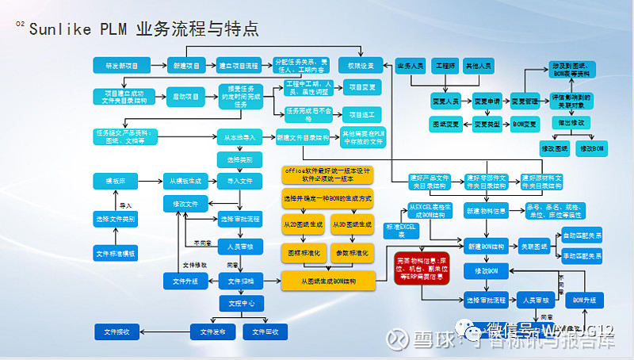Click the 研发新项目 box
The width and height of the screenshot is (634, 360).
pos(116,64)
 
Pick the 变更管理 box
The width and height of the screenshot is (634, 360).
pos(524,101)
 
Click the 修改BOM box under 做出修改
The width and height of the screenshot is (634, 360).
pos(592,148)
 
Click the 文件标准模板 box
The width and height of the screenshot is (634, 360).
pos(116,254)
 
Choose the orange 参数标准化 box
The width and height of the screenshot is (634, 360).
pos(352,252)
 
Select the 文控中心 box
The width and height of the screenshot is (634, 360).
pos(239,302)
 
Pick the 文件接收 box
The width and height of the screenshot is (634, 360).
pos(116,331)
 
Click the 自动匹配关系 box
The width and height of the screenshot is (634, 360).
pos(582,236)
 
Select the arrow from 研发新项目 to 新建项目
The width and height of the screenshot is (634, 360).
pos(154,64)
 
